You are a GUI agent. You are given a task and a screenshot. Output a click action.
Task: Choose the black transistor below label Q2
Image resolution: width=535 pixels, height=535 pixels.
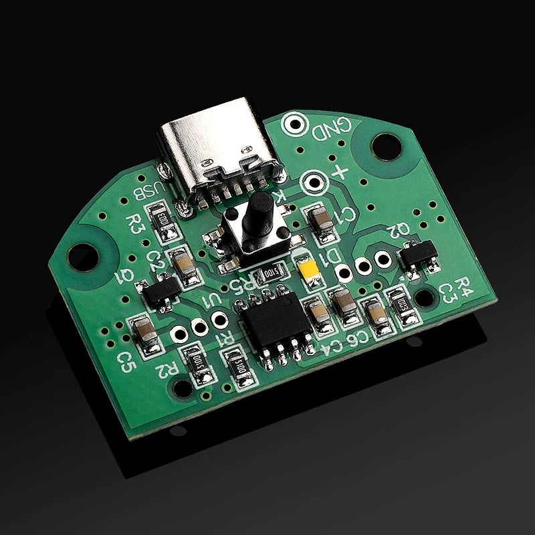417,253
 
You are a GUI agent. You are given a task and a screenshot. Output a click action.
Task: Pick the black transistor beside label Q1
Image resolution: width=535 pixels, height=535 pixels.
160,292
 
